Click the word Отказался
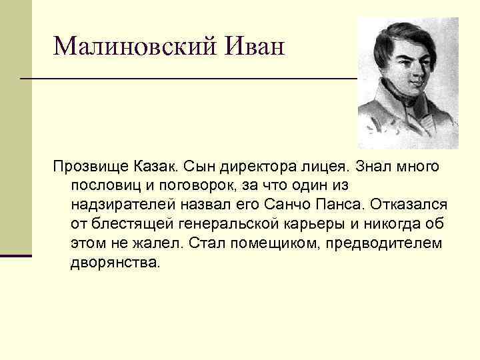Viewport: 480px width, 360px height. pos(413,203)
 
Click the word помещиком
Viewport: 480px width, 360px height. pos(268,242)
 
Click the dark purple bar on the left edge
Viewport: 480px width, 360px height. pos(16,255)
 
